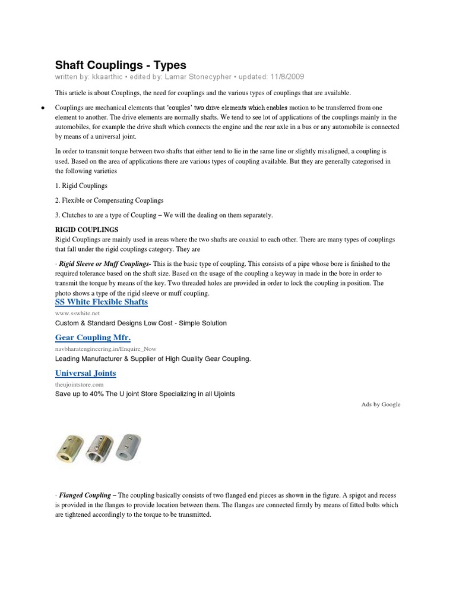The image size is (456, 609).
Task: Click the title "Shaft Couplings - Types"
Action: point(121,65)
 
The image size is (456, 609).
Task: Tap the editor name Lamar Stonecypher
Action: point(198,77)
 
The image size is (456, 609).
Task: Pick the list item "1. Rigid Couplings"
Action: point(81,186)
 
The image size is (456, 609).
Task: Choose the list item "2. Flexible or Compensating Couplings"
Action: point(109,200)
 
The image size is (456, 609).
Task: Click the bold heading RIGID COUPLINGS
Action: point(87,230)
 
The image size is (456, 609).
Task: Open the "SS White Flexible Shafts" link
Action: point(102,302)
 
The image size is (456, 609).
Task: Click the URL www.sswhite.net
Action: point(78,312)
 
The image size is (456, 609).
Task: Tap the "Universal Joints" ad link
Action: point(85,373)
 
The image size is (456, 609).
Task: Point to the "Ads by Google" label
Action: point(381,404)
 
